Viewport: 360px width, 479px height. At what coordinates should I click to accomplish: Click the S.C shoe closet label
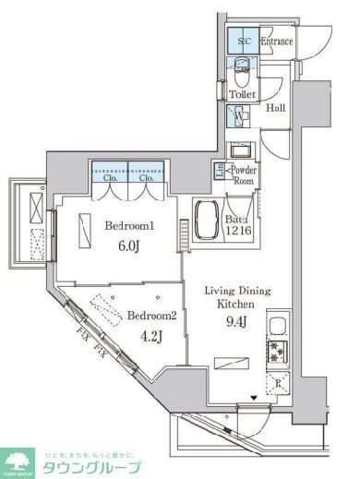coord(245,42)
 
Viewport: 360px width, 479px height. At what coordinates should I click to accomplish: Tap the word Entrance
coord(277,42)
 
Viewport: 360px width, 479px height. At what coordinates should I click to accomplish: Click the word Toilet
coord(243,94)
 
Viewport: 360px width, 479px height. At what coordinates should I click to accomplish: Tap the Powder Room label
coord(243,175)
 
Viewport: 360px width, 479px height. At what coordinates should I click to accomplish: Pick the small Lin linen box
coord(219,169)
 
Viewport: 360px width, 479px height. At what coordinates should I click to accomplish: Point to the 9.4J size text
coord(237,322)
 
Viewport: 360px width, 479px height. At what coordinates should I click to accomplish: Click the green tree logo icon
coord(17,461)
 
